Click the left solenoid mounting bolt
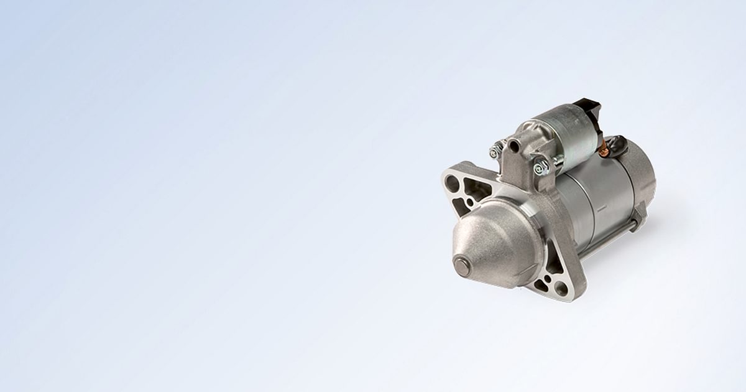(x=495, y=150)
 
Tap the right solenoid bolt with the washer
(x=541, y=166)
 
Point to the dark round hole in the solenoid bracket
(x=514, y=146)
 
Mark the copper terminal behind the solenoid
(x=602, y=149)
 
